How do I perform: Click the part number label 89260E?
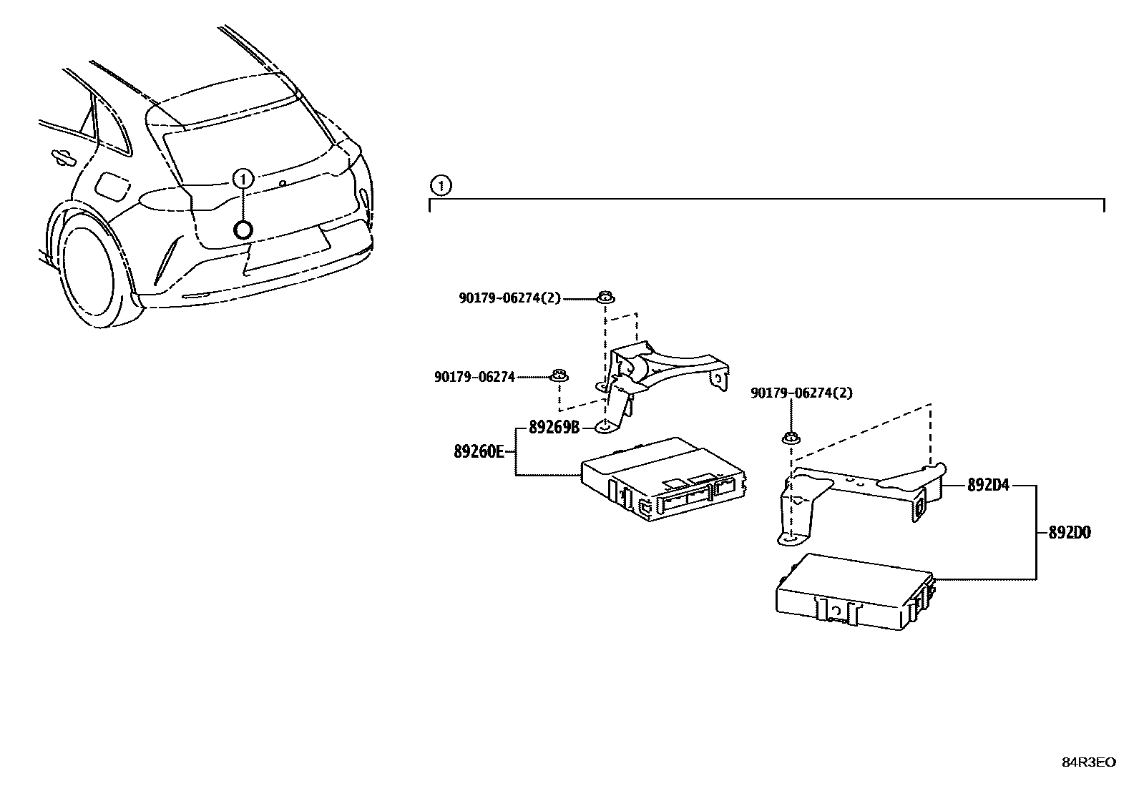point(479,451)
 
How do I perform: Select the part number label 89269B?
point(554,428)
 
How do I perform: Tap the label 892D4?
point(987,486)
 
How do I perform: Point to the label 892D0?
point(1070,533)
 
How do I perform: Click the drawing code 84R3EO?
point(1088,762)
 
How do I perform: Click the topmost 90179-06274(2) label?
point(510,298)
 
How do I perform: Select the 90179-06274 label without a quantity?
point(474,377)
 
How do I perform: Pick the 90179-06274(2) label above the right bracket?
point(801,393)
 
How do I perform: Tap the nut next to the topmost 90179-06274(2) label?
point(605,297)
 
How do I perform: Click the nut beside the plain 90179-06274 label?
point(559,375)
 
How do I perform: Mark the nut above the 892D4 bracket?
point(791,438)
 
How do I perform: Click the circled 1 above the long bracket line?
point(441,186)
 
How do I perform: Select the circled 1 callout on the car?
point(243,179)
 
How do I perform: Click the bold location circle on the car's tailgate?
point(243,229)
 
